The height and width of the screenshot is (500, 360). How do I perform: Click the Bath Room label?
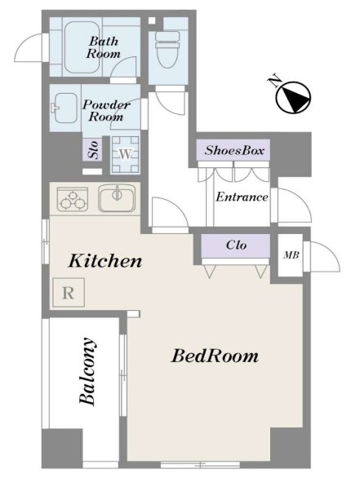point(104,47)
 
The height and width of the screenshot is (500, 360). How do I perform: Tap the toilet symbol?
point(167,50)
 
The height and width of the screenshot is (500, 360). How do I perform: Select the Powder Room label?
point(106,110)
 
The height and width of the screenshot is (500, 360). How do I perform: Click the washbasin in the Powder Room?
point(64,108)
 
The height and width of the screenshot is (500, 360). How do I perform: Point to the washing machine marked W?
point(125,155)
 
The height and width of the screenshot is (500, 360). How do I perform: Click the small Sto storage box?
point(93,149)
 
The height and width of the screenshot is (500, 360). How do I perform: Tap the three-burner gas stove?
point(73,199)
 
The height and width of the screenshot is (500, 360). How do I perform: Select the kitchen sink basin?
point(117,198)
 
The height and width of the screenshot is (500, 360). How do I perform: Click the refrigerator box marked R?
point(69,292)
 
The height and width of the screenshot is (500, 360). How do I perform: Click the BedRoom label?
point(215,356)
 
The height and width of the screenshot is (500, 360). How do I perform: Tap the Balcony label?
point(87,371)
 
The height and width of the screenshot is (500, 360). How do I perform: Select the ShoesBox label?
point(234,150)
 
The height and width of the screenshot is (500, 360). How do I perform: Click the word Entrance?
point(242,197)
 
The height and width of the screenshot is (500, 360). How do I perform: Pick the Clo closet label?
point(236,245)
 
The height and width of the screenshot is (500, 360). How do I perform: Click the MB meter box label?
point(291,255)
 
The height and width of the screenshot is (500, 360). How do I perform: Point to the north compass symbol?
point(293,97)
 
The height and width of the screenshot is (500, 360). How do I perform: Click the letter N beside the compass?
point(274,82)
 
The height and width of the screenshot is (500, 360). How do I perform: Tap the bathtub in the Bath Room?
point(82,47)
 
